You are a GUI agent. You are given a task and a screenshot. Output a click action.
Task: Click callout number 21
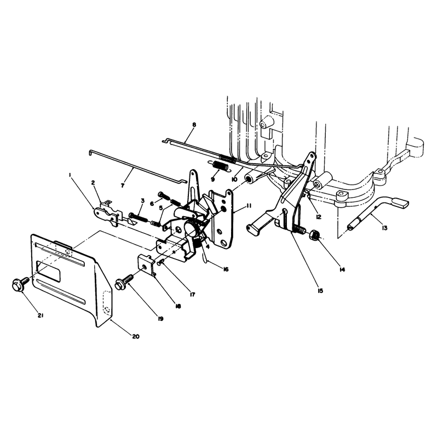click(x=41, y=316)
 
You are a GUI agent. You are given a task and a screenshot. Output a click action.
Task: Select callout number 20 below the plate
click(x=135, y=336)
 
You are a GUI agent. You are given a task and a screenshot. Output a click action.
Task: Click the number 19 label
click(x=160, y=319)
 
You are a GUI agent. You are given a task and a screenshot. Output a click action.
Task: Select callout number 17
click(x=192, y=295)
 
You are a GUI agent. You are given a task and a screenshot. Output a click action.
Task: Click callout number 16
click(x=226, y=269)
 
